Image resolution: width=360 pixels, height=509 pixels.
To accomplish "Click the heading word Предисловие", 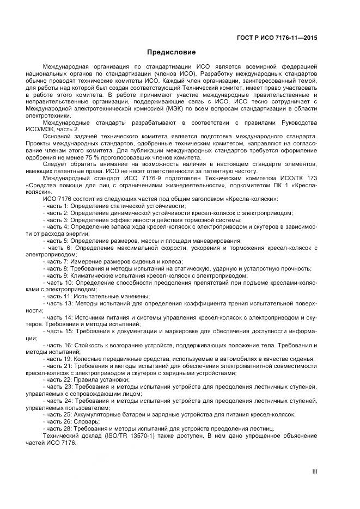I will point(172,53).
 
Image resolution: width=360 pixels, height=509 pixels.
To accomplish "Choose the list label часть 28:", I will point(57,429).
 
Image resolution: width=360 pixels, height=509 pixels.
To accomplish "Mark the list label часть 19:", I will point(57,359).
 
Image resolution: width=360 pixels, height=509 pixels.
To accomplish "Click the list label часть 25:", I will point(57,414).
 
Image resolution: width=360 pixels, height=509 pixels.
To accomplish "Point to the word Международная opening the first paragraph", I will point(68,66).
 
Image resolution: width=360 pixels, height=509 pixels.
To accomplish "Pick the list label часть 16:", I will point(58,345).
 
